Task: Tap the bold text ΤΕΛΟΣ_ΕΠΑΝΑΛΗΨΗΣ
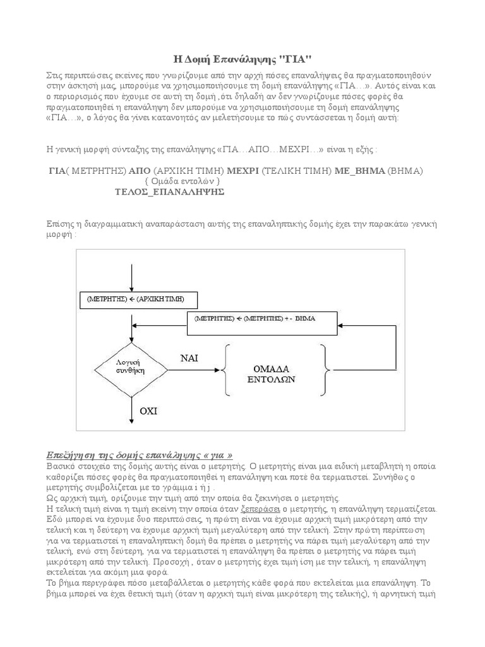pos(170,191)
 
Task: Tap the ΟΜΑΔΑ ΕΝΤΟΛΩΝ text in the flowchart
pos(274,373)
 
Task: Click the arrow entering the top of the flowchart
pos(130,275)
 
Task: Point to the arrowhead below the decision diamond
pos(130,420)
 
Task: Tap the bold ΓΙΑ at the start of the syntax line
pos(58,171)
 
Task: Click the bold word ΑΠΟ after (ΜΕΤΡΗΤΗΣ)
pos(140,171)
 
